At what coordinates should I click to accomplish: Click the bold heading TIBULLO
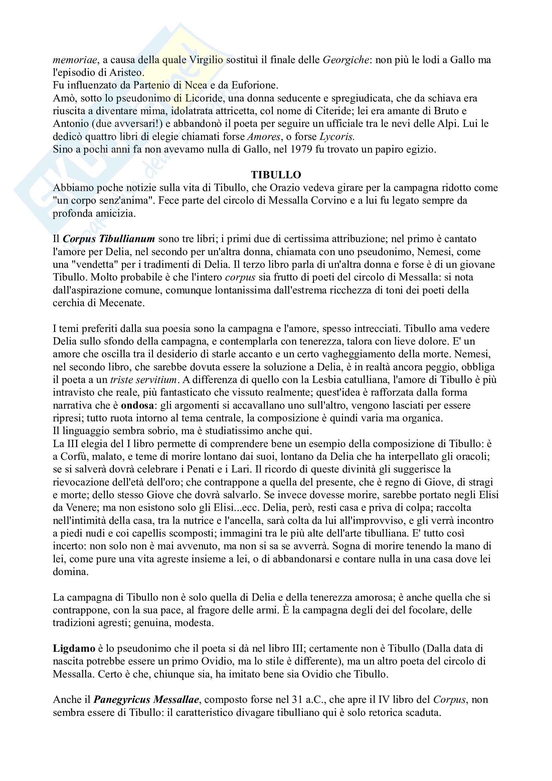click(276, 175)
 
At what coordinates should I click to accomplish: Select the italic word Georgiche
click(345, 60)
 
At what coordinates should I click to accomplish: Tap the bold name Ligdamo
click(74, 648)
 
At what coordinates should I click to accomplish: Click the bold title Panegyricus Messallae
click(146, 700)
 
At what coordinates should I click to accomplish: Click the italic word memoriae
click(75, 60)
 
